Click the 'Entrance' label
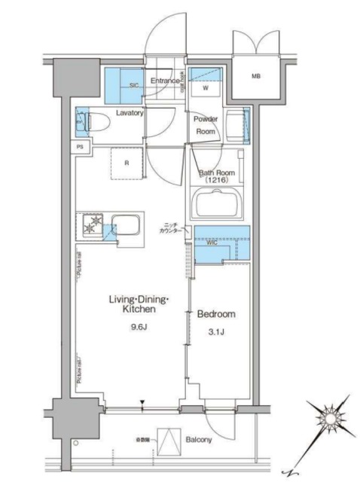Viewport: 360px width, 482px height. click(x=165, y=81)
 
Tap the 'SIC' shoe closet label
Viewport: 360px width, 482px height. click(x=134, y=85)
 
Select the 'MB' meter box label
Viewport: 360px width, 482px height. click(x=256, y=76)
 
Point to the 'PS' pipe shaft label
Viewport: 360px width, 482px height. click(x=80, y=147)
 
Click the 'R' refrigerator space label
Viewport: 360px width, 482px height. click(x=127, y=162)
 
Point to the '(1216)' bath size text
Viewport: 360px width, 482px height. click(x=217, y=181)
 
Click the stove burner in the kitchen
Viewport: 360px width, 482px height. click(x=93, y=224)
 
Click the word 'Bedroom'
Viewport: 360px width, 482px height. click(x=216, y=314)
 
